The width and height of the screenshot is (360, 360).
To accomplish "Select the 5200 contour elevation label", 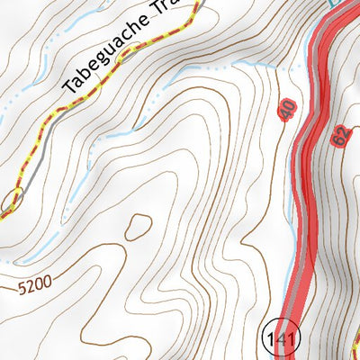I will tap(34, 286).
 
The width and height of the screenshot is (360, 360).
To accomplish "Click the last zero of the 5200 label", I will tap(47, 282).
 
